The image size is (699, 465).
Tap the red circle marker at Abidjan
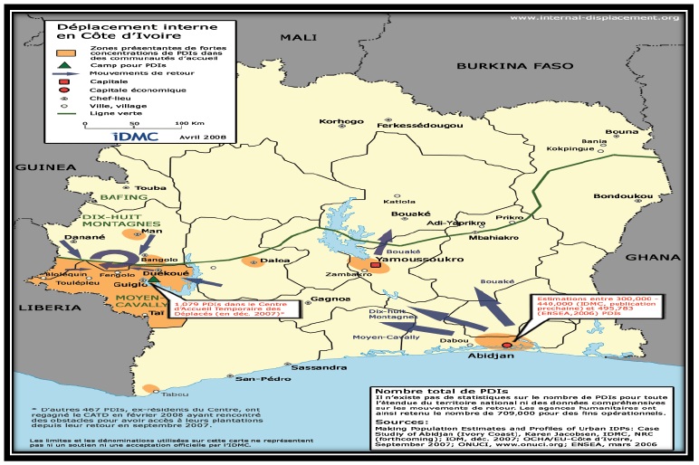coord(506,345)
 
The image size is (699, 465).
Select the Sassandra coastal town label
coord(319,368)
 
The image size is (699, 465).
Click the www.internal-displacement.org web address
coord(594,17)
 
